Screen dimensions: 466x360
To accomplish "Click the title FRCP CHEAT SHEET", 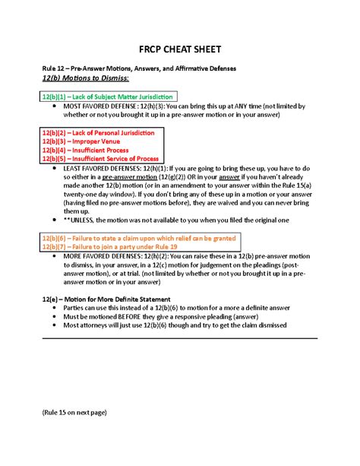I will [179, 49].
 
